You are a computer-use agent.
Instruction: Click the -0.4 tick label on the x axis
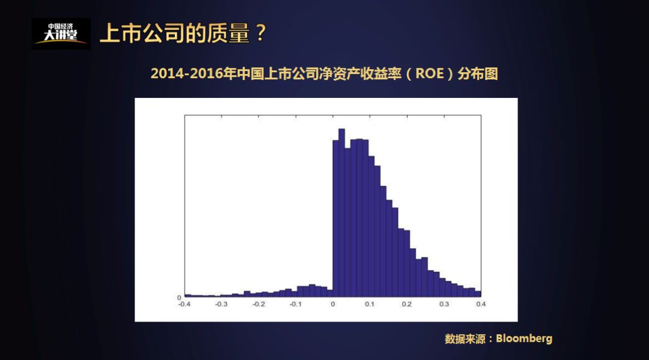pos(184,304)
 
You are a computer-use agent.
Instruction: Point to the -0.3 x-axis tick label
pos(222,304)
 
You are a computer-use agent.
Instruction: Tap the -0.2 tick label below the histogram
pos(259,304)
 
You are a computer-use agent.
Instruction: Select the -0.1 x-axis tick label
pos(296,304)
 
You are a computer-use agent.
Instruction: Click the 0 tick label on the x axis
pos(333,304)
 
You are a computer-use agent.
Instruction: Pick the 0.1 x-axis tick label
pos(370,304)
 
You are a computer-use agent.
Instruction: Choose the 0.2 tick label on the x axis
pos(407,304)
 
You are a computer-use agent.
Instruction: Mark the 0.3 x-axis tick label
pos(444,304)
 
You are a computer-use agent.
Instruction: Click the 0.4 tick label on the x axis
pos(481,304)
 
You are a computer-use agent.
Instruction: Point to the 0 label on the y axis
pos(179,297)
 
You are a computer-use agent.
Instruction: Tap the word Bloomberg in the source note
pos(524,338)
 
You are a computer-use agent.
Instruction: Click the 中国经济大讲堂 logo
pos(61,34)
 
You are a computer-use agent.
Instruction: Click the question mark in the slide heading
pos(260,34)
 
